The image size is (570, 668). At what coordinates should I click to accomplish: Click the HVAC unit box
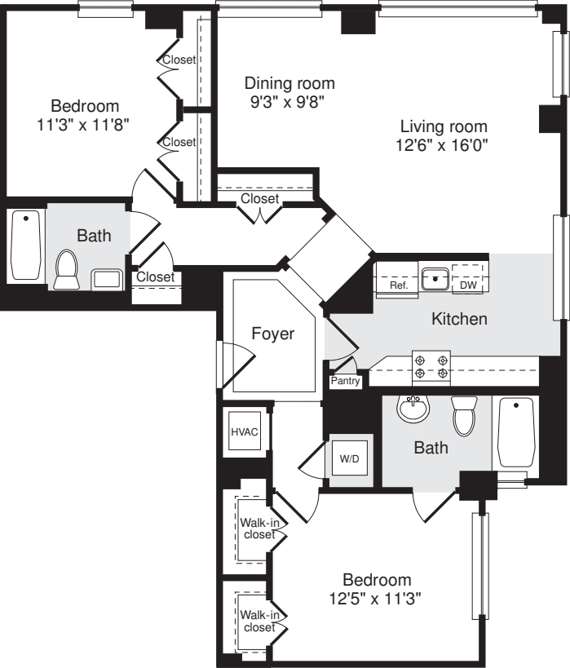tap(245, 432)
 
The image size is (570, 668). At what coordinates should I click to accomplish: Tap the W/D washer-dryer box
tap(348, 458)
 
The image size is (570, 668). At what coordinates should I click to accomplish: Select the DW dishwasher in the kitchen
tap(468, 285)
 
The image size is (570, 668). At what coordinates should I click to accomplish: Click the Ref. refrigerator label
tap(398, 285)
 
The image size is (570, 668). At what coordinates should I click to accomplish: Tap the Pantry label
tap(345, 382)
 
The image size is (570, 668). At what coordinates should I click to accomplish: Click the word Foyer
tap(272, 334)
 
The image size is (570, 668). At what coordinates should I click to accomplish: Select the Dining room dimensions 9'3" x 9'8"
tap(289, 104)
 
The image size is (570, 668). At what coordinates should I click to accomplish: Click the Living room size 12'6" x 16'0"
tap(444, 147)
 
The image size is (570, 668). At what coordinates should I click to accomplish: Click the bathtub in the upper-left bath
tap(26, 246)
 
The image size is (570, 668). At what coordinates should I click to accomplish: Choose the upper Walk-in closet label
tap(258, 529)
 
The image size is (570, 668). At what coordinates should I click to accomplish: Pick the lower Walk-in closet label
tap(258, 621)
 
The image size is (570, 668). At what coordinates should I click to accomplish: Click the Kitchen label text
tap(459, 319)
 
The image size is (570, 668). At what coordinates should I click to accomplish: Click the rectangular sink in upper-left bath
tap(107, 279)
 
